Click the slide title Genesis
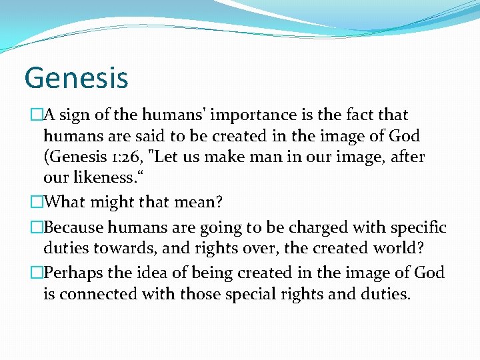coord(76,77)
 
